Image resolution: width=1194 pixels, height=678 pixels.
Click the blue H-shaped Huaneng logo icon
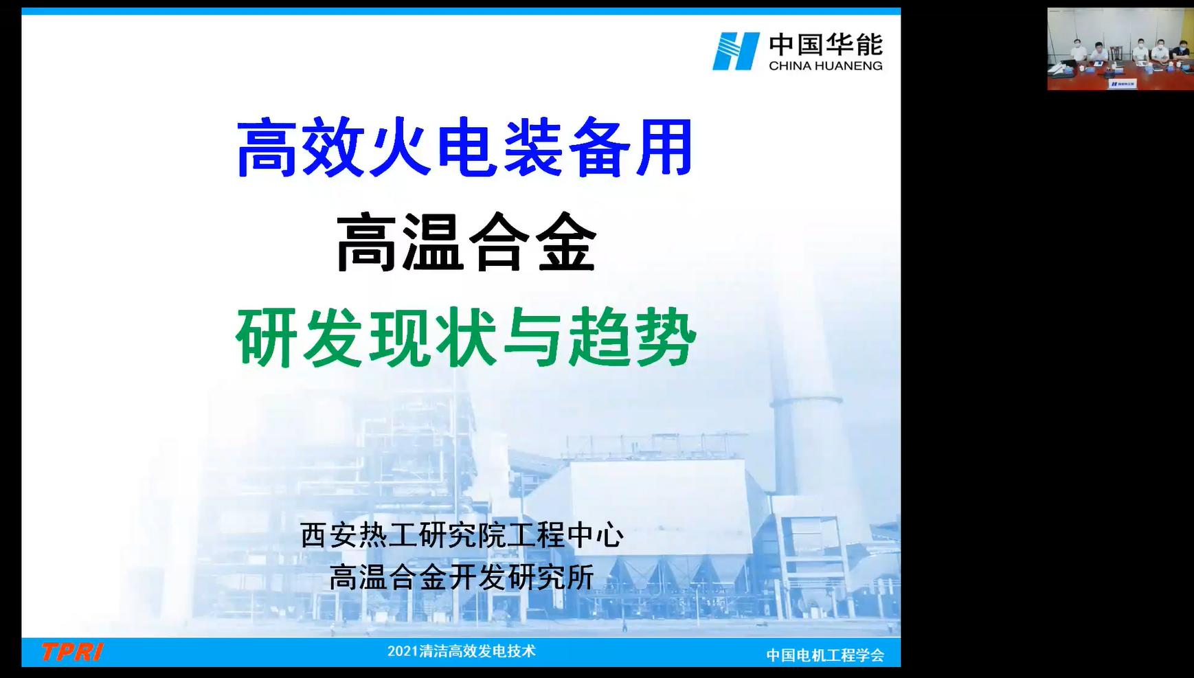(x=736, y=51)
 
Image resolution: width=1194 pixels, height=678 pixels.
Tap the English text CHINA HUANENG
(x=826, y=66)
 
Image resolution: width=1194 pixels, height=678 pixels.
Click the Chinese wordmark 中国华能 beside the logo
(x=826, y=45)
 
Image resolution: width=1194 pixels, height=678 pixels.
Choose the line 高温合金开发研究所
(x=462, y=577)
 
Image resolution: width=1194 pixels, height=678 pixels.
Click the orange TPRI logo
(x=72, y=652)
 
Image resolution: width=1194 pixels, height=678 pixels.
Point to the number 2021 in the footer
(x=402, y=651)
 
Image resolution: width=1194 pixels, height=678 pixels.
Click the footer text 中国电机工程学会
(x=825, y=655)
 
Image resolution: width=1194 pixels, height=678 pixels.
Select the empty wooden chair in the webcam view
(x=1118, y=53)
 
